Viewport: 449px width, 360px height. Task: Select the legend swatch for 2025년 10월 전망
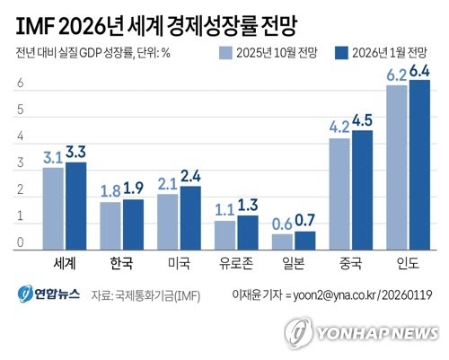point(225,53)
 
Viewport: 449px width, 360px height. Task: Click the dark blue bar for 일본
point(304,241)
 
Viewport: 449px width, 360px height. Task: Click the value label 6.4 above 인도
point(420,70)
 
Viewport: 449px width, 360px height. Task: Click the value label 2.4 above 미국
point(190,176)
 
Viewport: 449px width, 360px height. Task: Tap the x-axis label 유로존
point(236,264)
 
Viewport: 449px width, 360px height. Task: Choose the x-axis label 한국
point(121,264)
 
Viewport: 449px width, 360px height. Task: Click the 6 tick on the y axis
point(20,83)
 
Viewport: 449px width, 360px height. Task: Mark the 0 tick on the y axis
point(20,243)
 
